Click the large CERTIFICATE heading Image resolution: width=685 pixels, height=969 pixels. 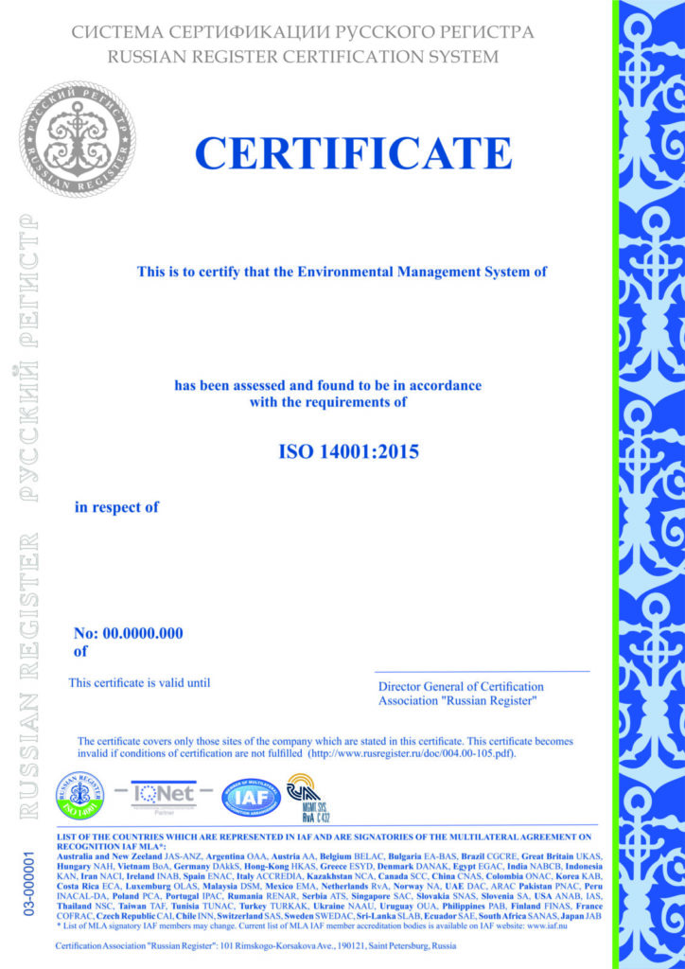click(353, 153)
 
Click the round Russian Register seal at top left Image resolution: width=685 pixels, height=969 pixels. click(79, 139)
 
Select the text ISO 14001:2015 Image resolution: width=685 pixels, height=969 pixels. click(348, 451)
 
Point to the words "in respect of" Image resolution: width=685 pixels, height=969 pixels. click(116, 508)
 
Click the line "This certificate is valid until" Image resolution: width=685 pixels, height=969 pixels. click(139, 682)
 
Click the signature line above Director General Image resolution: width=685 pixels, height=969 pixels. click(482, 671)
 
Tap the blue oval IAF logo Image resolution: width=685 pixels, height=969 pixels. click(251, 797)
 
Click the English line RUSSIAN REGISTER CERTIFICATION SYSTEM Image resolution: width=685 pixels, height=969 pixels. click(303, 57)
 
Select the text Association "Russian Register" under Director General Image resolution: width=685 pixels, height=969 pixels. click(458, 701)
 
